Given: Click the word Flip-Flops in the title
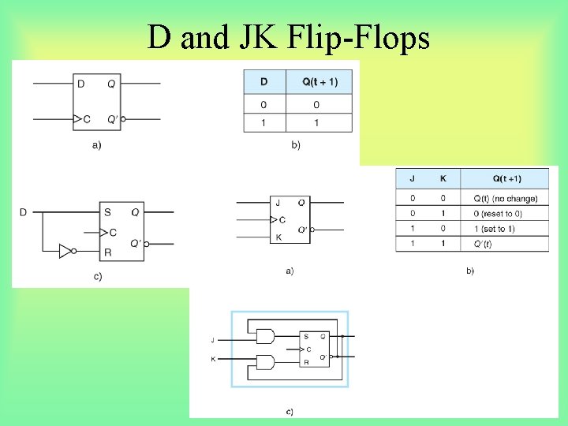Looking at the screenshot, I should tap(377, 36).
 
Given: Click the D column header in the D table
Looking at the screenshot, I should tap(263, 82).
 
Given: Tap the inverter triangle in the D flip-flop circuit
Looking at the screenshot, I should tap(65, 251).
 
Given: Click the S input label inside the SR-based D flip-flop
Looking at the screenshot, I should tap(107, 212).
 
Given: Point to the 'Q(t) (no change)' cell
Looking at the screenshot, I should tap(505, 199).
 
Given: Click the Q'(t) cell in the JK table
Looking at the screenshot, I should tap(483, 244).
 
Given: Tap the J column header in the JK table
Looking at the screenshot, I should tap(413, 178).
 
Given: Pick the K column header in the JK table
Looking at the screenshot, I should tap(443, 178).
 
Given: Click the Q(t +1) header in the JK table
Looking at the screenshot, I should tap(505, 178).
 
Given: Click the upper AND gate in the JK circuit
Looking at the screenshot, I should tap(266, 337).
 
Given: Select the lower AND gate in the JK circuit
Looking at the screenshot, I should tap(266, 363).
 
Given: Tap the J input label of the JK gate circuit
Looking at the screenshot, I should tap(212, 340).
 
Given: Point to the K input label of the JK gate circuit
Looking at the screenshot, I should tap(212, 359).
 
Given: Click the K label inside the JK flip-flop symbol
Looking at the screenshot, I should tap(278, 237).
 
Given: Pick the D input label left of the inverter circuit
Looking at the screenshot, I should tap(23, 212).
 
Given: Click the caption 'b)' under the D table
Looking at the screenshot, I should tap(295, 145).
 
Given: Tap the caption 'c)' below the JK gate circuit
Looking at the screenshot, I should tap(290, 410).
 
